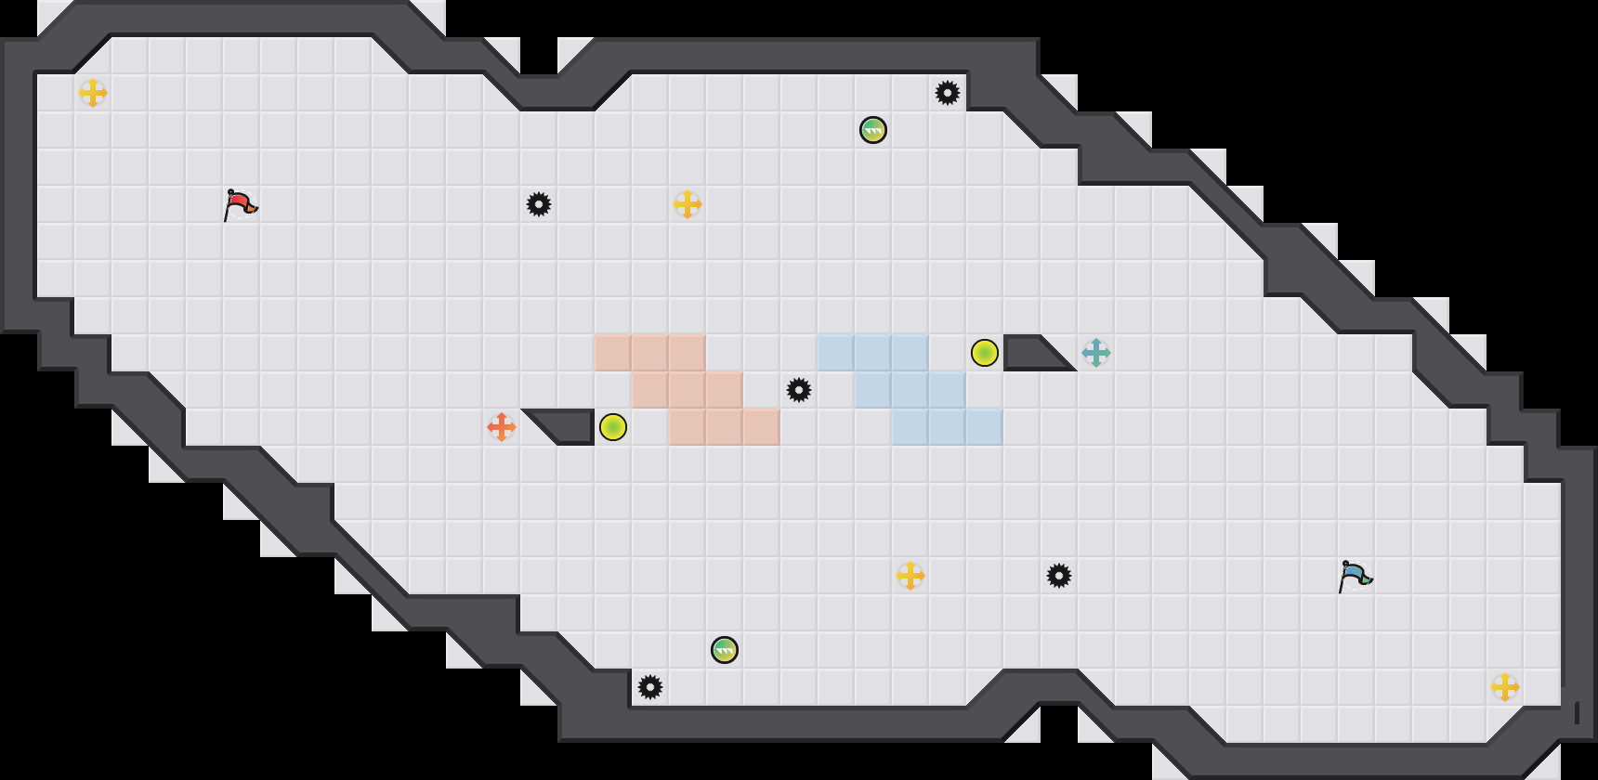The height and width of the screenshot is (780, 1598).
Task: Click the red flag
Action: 240,203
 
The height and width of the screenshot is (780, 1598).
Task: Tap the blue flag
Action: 1355,575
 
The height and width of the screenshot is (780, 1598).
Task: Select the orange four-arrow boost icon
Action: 502,427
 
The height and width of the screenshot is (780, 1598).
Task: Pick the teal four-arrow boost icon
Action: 1096,353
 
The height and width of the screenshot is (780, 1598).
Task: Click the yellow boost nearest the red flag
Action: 93,93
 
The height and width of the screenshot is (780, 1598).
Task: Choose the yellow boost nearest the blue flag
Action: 1505,687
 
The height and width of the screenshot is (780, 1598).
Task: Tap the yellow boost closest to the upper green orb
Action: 688,204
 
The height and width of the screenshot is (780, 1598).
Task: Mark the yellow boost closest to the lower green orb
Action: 910,576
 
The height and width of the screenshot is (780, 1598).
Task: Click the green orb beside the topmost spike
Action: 873,130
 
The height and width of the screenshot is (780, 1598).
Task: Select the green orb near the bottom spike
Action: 725,650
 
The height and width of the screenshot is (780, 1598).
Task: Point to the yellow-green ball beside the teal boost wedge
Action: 985,353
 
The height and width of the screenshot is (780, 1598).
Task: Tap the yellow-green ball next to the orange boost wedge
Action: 613,427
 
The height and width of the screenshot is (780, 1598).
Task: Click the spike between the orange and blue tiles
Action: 799,390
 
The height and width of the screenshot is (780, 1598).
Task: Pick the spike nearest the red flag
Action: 539,204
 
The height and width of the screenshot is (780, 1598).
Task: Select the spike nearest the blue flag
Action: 1059,576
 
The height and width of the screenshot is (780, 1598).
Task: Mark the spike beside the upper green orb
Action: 948,93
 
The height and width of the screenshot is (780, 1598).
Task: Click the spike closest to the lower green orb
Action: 650,687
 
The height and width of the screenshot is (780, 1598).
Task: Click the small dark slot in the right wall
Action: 1577,712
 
